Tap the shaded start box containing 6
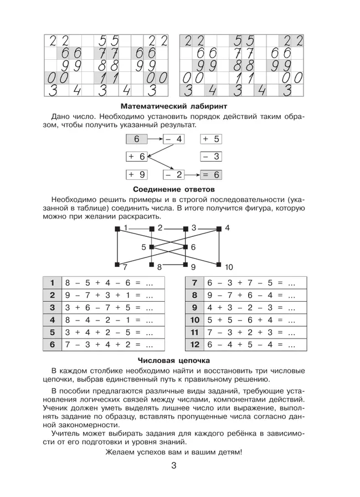click(136, 139)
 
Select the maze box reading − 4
click(173, 139)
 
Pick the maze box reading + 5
click(210, 139)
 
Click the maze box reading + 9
click(137, 174)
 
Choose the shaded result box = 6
click(210, 174)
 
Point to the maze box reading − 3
click(210, 157)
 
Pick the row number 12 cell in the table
click(194, 344)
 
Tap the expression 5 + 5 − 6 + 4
click(244, 320)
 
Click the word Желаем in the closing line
click(121, 452)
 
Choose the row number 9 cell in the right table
click(194, 308)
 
